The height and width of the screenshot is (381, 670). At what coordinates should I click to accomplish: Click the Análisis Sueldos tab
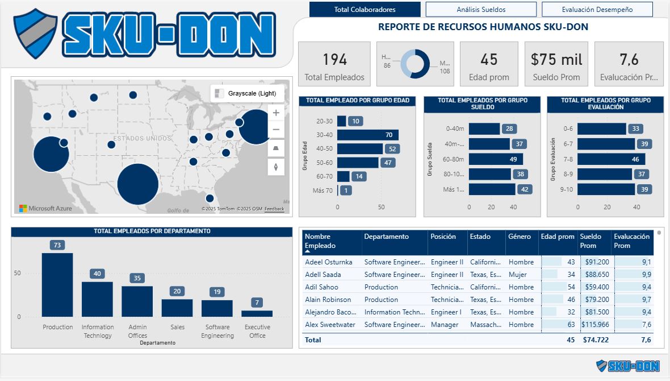point(481,10)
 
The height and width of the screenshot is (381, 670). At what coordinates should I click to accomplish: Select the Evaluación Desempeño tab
point(597,10)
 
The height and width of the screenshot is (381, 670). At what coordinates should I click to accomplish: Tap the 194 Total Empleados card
point(334,64)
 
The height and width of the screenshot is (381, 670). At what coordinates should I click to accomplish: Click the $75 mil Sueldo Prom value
point(556,60)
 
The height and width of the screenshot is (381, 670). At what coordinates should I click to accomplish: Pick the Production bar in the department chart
point(57,284)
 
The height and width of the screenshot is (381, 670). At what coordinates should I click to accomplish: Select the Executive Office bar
point(257,313)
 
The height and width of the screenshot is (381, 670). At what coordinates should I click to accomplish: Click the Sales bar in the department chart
point(177,308)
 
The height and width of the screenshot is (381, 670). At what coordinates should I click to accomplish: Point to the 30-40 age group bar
point(368,135)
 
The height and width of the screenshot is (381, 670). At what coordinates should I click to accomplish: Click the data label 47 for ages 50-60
point(388,163)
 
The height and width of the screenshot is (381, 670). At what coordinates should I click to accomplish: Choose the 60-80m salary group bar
point(496,159)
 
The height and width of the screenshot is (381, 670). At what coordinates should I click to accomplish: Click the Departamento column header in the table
point(387,237)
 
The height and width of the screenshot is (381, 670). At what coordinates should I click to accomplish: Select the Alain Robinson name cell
point(328,300)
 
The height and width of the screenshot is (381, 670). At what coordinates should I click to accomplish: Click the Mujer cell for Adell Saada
point(518,275)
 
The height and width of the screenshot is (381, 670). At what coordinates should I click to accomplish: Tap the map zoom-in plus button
point(276,113)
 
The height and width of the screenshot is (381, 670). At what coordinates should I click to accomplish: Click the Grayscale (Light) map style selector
point(247,93)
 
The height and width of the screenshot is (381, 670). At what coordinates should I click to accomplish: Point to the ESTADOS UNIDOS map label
point(142,138)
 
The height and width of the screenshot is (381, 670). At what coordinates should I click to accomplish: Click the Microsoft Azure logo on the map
point(45,209)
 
